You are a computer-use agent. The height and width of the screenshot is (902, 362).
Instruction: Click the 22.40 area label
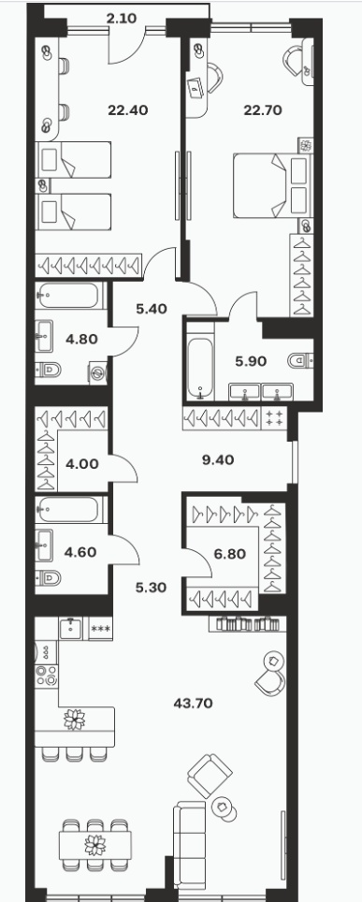coord(128,109)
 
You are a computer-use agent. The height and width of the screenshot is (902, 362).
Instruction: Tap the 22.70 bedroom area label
coord(263,109)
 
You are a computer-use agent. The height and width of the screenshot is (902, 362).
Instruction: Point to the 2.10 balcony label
coord(122,19)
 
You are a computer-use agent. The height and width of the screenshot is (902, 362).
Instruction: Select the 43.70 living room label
coord(194,703)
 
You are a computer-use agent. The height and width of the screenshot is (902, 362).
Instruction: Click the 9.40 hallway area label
coord(218,459)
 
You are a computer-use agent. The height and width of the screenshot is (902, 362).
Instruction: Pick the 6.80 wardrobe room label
coord(230,554)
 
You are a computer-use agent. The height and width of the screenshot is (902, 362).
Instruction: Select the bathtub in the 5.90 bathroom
coord(200,360)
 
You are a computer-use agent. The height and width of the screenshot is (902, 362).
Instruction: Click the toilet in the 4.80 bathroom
coord(49,371)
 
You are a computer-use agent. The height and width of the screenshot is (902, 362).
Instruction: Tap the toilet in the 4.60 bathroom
coord(49,577)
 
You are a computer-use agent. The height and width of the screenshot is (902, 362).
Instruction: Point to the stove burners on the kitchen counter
coord(46,676)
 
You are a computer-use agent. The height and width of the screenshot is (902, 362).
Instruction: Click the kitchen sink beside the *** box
coord(71,628)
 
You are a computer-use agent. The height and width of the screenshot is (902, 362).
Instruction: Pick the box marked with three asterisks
coord(101,628)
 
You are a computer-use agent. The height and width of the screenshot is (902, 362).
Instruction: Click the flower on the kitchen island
coord(74,719)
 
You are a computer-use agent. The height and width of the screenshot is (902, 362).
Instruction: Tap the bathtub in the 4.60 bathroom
coord(70,510)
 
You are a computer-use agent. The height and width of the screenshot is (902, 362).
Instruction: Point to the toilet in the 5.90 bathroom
coord(300,360)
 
